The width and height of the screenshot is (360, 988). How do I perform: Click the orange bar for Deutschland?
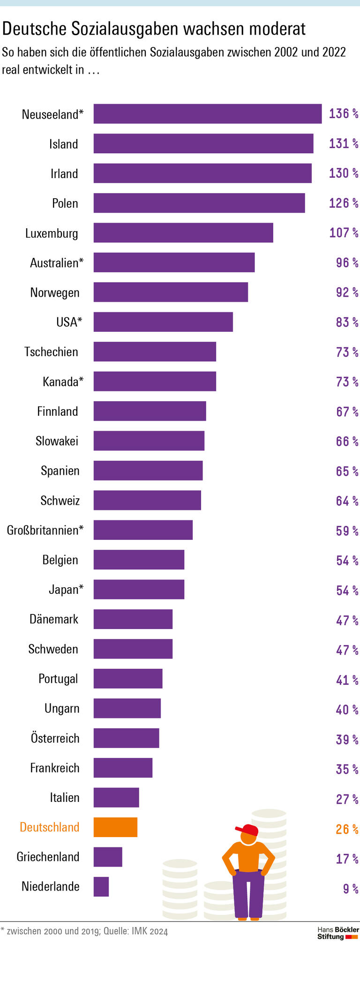pyautogui.click(x=115, y=827)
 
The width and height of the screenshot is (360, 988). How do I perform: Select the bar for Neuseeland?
pyautogui.click(x=207, y=114)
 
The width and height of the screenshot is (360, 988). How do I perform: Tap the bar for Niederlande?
pyautogui.click(x=101, y=886)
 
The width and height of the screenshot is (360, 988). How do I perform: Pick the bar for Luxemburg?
pyautogui.click(x=183, y=232)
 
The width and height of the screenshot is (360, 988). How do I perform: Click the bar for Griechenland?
pyautogui.click(x=108, y=857)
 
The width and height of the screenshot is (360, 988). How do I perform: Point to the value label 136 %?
pyautogui.click(x=343, y=114)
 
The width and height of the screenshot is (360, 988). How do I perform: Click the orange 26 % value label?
pyautogui.click(x=346, y=829)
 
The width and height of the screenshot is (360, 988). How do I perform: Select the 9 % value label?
pyautogui.click(x=350, y=888)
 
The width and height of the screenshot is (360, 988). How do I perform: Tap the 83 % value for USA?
pyautogui.click(x=346, y=322)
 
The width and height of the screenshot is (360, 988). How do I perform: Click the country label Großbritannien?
pyautogui.click(x=45, y=530)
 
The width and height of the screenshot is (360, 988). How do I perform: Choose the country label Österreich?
pyautogui.click(x=55, y=738)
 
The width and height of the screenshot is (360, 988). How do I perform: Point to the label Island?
pyautogui.click(x=63, y=144)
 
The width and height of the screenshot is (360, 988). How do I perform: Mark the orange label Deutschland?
pyautogui.click(x=49, y=827)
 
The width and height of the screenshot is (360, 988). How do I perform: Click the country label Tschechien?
pyautogui.click(x=51, y=352)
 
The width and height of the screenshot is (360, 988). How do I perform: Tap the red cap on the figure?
pyautogui.click(x=248, y=830)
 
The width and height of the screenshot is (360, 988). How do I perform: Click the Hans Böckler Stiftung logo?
pyautogui.click(x=337, y=933)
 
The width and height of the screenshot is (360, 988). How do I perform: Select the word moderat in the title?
pyautogui.click(x=277, y=29)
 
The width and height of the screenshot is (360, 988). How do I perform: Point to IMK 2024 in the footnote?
pyautogui.click(x=150, y=931)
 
